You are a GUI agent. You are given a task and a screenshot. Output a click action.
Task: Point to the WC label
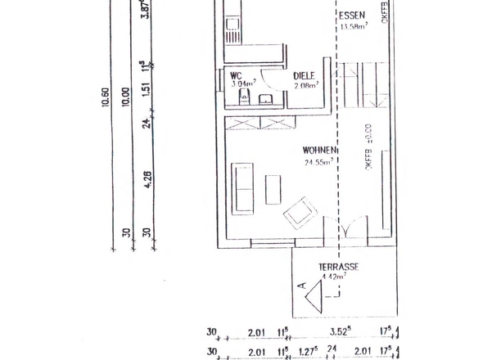tap(237, 75)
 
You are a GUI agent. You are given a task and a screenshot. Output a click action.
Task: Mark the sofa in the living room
tap(244, 187)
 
